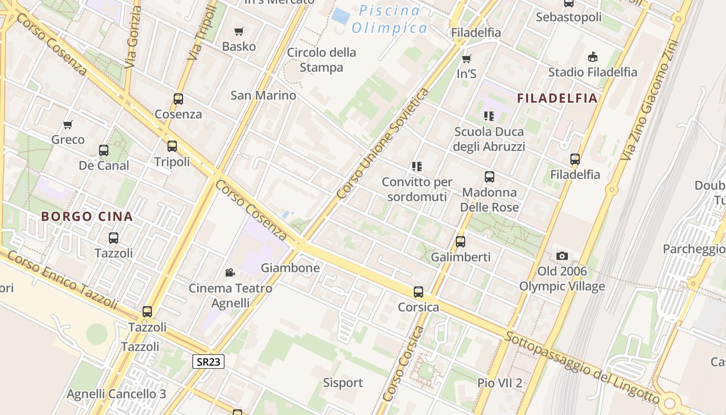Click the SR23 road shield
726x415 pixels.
tap(208, 362)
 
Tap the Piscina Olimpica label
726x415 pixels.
tap(389, 19)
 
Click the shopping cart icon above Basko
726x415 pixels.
tap(239, 32)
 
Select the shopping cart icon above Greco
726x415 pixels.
tap(68, 125)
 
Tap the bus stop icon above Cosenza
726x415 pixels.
tap(178, 99)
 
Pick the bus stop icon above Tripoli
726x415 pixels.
tap(172, 146)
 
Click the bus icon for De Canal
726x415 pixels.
tap(104, 150)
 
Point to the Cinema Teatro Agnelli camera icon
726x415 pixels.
tap(230, 272)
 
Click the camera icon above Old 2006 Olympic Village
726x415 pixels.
tap(562, 256)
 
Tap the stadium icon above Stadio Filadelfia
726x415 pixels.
tap(593, 57)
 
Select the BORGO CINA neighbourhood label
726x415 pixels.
tap(87, 216)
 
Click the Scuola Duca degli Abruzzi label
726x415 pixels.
tap(489, 139)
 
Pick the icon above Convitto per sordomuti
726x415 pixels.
tap(417, 167)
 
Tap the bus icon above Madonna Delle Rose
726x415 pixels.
tap(490, 177)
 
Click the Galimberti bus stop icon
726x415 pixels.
tap(460, 241)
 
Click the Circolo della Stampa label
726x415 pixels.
tap(322, 60)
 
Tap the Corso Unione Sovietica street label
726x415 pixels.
tap(383, 144)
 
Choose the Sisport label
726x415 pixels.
tap(343, 383)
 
